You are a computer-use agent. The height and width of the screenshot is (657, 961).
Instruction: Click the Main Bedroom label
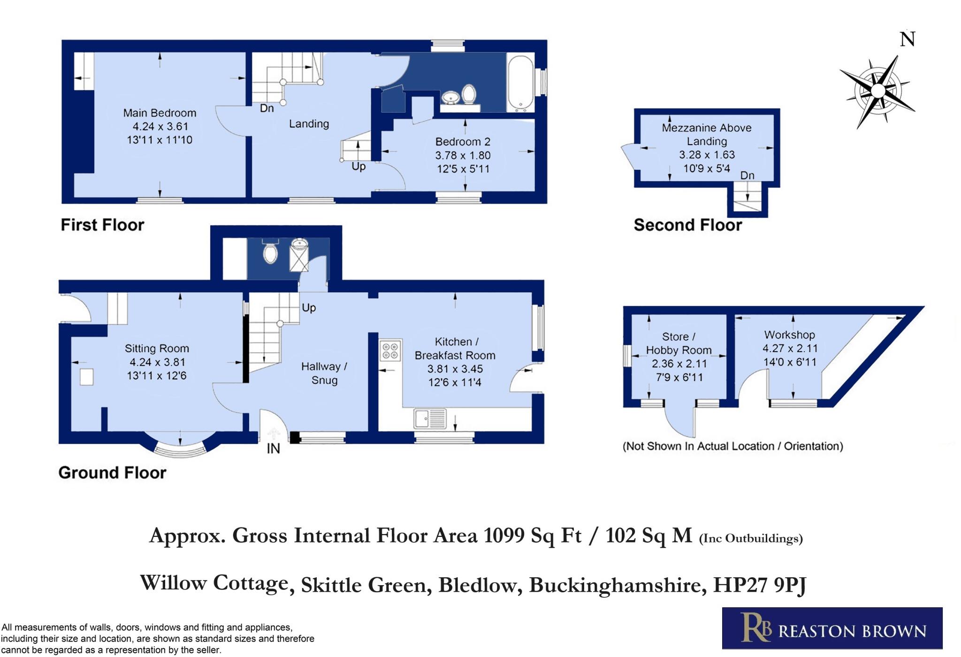tap(160, 113)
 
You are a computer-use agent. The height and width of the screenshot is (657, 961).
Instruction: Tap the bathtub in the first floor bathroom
tap(520, 83)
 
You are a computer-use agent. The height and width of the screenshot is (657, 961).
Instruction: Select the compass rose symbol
tap(877, 91)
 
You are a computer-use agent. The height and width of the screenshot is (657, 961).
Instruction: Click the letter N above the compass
tap(908, 39)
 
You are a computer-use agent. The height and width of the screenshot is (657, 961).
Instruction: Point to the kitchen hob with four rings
tap(391, 350)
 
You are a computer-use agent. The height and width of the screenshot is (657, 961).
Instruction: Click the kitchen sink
tap(430, 419)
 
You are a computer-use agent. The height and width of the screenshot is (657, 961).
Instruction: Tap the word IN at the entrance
tap(273, 449)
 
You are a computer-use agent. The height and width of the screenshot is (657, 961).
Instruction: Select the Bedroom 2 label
tap(463, 142)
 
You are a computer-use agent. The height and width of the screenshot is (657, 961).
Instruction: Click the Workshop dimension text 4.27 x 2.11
tap(790, 348)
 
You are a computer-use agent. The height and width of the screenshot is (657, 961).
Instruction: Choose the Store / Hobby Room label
tap(679, 343)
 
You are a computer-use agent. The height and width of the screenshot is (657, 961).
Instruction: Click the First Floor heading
tap(102, 225)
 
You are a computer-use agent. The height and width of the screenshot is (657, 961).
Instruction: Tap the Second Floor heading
tap(688, 225)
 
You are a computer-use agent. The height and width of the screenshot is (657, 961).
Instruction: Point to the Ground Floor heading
tap(112, 473)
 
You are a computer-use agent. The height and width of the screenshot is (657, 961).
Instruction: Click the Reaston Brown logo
tap(832, 628)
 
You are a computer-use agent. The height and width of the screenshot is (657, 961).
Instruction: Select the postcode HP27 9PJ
tap(760, 585)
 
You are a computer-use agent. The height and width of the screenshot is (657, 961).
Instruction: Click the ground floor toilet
tap(270, 252)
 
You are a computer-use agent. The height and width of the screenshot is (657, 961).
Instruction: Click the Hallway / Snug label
tap(324, 373)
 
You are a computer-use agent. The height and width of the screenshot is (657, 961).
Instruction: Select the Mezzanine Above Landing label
tap(707, 134)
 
